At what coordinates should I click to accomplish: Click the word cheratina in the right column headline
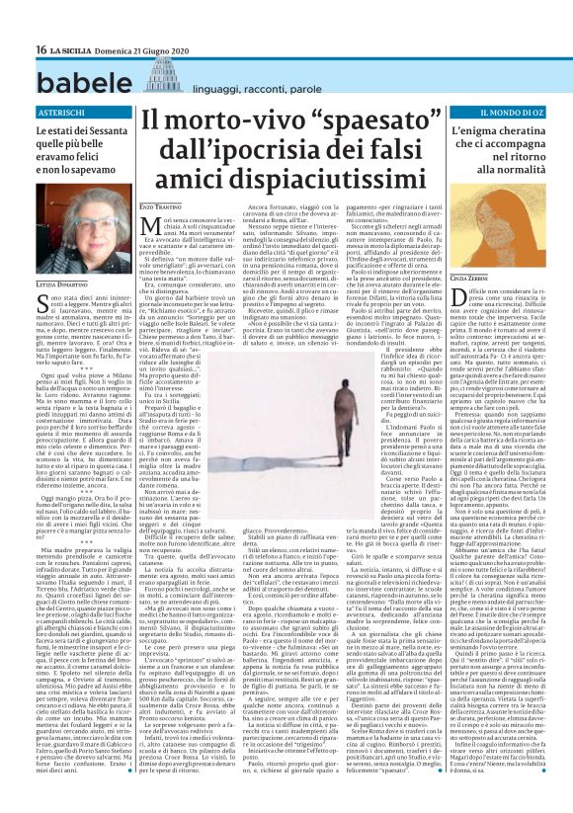(x=503, y=143)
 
